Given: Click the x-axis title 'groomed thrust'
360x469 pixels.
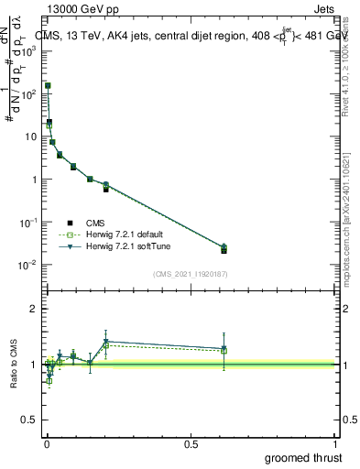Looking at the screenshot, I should coord(305,457).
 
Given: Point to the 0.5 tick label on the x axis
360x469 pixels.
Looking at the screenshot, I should coord(191,443).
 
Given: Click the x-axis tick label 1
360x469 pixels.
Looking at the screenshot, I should coord(336,443).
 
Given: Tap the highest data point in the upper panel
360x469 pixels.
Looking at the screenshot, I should coord(48,85).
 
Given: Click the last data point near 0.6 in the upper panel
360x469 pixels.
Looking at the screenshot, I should coord(224,248).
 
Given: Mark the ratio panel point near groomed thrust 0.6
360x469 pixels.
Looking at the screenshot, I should coord(224,349).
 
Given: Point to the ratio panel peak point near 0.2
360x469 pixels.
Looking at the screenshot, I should coord(106,342).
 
